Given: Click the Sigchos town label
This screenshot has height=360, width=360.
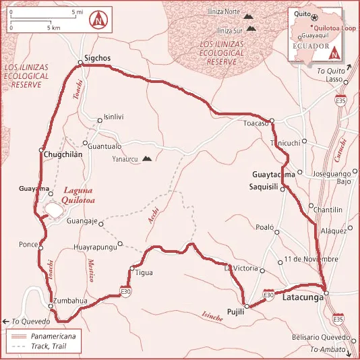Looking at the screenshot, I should (96, 59).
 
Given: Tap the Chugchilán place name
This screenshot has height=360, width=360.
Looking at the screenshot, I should (63, 154).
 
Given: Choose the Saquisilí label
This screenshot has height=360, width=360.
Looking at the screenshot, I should (264, 185).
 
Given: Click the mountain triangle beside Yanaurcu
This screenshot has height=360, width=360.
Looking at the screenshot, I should (147, 160).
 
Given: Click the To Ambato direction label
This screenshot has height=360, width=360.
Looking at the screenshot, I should (326, 349).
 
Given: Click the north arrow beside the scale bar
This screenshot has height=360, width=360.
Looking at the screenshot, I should (100, 20).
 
